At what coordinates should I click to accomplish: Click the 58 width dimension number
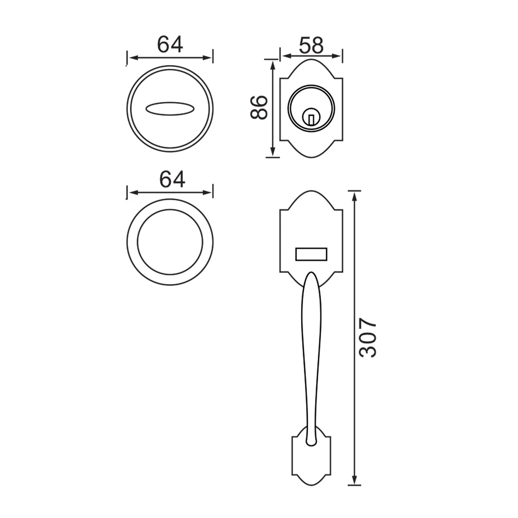tap(311, 45)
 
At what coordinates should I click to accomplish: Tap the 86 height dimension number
tap(259, 107)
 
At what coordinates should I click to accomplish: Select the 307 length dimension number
tap(367, 338)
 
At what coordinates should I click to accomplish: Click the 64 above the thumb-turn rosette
tap(170, 44)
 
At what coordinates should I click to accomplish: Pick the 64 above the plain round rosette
tap(172, 179)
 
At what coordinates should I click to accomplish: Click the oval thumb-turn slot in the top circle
tap(169, 109)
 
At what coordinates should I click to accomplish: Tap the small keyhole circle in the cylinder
tap(311, 117)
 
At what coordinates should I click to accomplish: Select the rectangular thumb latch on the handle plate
tap(311, 254)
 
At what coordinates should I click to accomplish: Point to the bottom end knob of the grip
tap(311, 443)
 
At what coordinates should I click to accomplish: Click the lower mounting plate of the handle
tap(311, 456)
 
